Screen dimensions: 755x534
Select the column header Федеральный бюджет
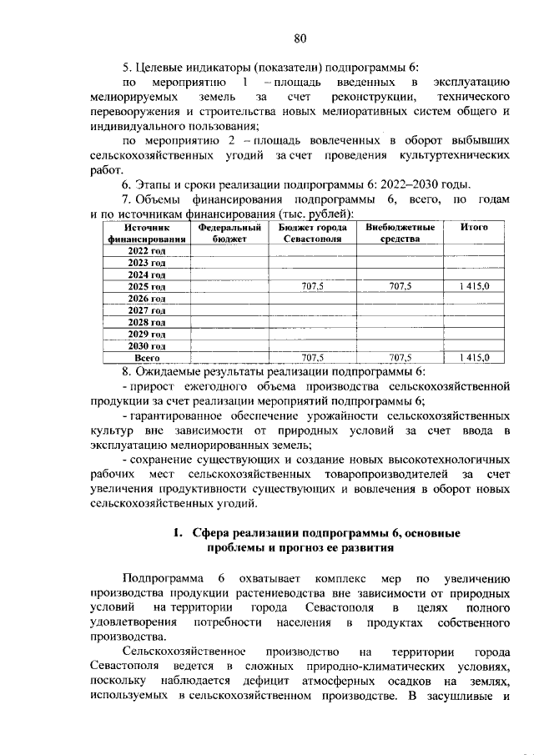coord(229,233)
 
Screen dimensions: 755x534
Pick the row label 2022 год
coord(147,250)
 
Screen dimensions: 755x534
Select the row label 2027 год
coord(147,310)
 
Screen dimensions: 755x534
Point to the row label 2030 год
coord(147,345)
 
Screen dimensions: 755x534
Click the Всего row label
coord(147,357)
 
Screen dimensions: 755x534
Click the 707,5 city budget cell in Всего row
coord(312,357)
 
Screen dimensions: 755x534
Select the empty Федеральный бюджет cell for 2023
coord(229,262)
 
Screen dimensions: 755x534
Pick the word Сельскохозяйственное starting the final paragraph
coord(184,650)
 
